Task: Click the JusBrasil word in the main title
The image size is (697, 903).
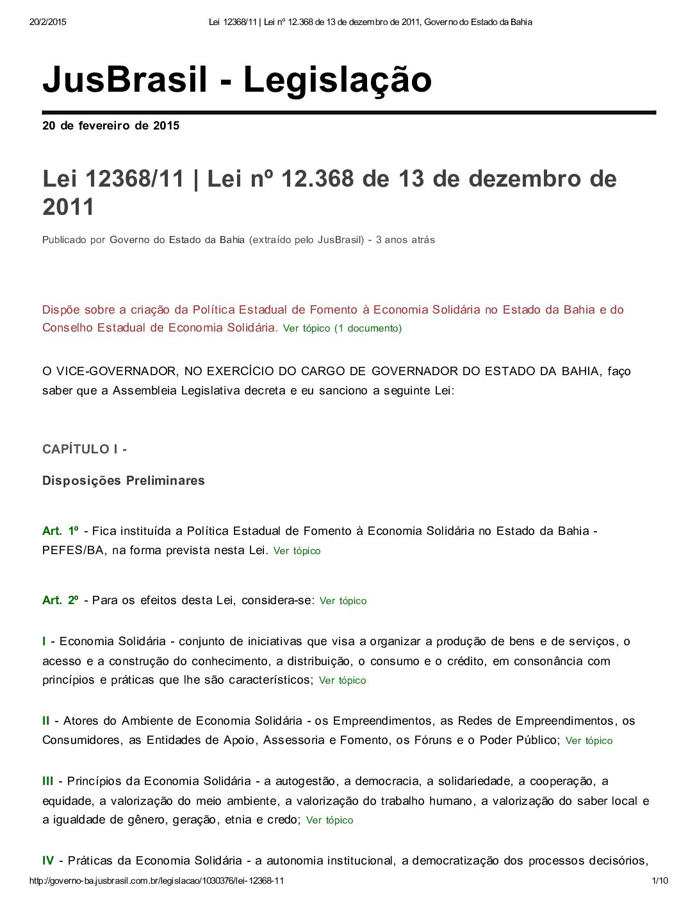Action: click(x=125, y=80)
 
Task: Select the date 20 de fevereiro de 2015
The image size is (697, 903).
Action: click(x=111, y=126)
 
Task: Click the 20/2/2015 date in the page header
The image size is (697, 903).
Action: click(x=48, y=22)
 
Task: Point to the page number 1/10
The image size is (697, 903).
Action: click(x=660, y=881)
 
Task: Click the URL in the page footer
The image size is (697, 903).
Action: click(x=156, y=881)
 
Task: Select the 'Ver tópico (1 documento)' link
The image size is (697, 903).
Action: click(x=342, y=328)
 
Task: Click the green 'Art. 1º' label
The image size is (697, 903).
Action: click(x=61, y=531)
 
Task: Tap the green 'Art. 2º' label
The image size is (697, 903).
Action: click(x=61, y=600)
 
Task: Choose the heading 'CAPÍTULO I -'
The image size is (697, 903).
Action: click(x=85, y=449)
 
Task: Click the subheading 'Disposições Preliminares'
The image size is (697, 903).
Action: click(x=124, y=480)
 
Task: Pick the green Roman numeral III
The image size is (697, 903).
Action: click(x=48, y=781)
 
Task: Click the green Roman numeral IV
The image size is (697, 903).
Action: click(x=48, y=861)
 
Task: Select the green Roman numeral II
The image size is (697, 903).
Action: click(x=46, y=721)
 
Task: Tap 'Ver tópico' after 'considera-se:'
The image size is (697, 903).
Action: click(x=343, y=601)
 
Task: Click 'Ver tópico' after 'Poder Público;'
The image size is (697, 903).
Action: click(x=589, y=741)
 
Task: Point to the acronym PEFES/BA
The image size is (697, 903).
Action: click(x=73, y=550)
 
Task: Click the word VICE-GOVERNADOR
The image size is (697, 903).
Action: click(x=112, y=371)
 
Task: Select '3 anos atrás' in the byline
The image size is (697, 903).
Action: click(x=405, y=240)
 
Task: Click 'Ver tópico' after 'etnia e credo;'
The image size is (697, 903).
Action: click(x=329, y=820)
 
